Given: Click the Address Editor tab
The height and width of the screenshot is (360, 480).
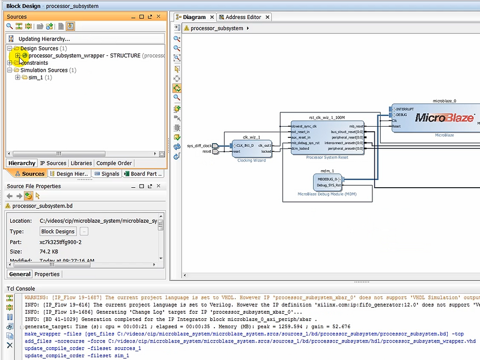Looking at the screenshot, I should (x=244, y=17).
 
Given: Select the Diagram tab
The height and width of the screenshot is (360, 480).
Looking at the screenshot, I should (x=194, y=17).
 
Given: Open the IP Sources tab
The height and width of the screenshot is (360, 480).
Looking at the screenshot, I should (x=53, y=163).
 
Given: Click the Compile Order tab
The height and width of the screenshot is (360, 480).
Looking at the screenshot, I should (x=114, y=163).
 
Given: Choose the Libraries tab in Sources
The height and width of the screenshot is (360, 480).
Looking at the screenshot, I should (x=81, y=163).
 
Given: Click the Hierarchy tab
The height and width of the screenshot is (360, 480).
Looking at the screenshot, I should (x=22, y=163).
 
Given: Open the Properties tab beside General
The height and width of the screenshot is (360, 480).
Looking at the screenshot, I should (x=47, y=274).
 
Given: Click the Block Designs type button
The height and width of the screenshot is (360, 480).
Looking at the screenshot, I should (x=58, y=231).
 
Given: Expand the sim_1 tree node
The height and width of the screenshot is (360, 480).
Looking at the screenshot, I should (x=18, y=77).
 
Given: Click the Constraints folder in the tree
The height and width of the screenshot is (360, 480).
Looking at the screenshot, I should (x=34, y=63).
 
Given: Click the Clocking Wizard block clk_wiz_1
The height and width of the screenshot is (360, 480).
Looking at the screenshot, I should (x=251, y=149).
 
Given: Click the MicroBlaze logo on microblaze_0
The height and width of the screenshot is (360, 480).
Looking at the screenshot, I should (x=444, y=117).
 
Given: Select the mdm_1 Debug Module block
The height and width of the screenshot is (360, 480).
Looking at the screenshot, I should (x=328, y=183).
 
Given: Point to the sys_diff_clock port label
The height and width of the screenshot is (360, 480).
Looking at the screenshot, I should (x=199, y=146).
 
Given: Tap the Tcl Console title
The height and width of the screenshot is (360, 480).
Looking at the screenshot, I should (x=21, y=289).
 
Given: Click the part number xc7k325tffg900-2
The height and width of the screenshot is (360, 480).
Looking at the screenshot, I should (x=60, y=242).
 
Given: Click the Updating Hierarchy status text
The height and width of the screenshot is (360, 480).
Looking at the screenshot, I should (x=44, y=38).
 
